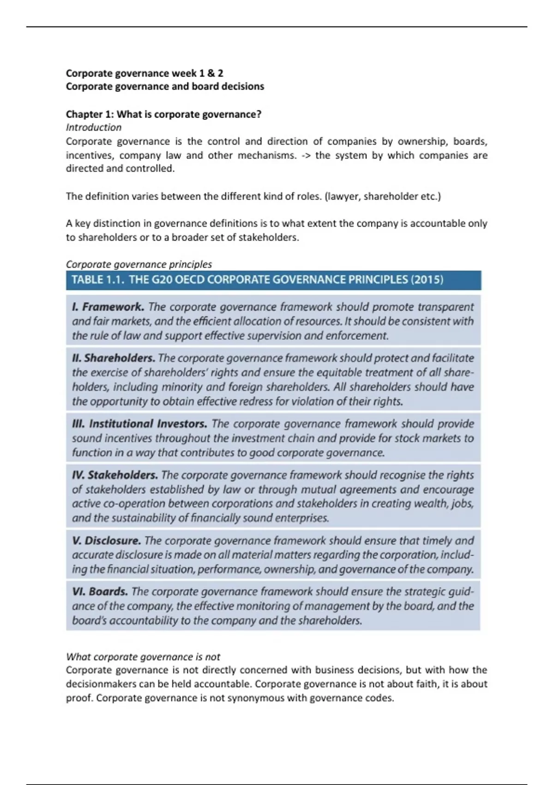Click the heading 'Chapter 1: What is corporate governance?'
163,114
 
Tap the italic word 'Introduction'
94,127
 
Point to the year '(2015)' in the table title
428,280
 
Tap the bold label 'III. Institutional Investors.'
139,424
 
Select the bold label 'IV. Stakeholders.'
115,475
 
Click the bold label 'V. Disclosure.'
107,541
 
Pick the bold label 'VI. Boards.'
100,592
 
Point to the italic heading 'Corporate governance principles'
138,265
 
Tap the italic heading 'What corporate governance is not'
143,657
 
